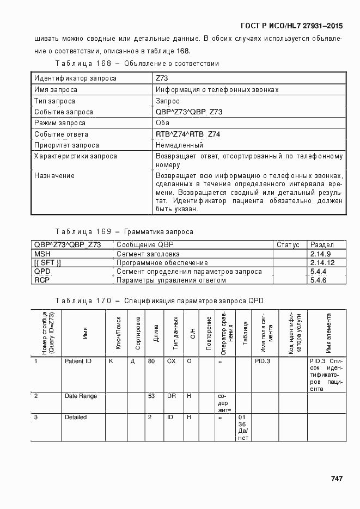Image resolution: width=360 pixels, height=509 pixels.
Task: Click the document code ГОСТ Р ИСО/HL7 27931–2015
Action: click(x=291, y=26)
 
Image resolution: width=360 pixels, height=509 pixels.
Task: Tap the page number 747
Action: click(x=336, y=479)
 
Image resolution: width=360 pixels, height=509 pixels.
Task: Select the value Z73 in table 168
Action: click(x=162, y=78)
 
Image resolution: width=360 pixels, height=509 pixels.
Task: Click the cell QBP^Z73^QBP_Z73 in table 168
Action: click(x=188, y=112)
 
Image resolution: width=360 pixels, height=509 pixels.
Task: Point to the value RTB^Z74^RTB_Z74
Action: click(x=188, y=134)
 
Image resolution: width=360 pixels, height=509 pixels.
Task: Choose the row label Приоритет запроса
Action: click(x=66, y=145)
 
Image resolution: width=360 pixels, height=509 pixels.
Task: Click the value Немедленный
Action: click(x=179, y=145)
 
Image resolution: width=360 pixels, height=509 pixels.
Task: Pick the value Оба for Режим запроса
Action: click(x=162, y=123)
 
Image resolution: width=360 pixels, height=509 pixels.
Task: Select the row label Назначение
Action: click(x=54, y=176)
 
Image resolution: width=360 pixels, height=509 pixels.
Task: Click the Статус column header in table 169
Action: click(x=288, y=245)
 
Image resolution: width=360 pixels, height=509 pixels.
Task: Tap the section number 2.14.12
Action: click(x=321, y=262)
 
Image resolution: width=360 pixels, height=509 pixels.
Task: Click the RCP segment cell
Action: click(x=42, y=280)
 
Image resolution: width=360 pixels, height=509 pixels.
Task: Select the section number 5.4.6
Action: click(x=318, y=280)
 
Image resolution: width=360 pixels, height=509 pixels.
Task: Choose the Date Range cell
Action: click(x=81, y=396)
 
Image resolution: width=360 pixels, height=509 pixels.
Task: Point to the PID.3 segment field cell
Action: click(x=263, y=361)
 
